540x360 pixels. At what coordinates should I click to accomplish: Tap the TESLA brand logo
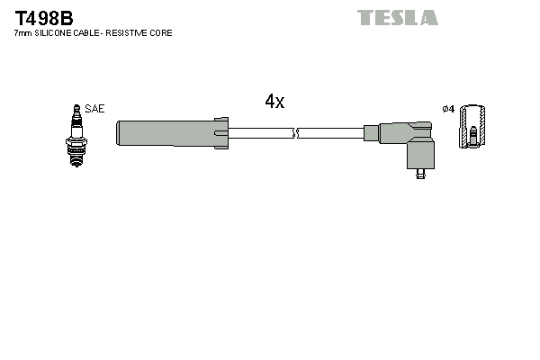pos(397,17)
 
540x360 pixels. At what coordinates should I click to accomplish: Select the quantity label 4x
pos(274,102)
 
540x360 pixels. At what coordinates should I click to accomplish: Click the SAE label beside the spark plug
pos(96,108)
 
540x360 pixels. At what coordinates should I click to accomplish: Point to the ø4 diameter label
pos(447,109)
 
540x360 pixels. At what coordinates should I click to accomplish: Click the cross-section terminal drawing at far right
pos(470,128)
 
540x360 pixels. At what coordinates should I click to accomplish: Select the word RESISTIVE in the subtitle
pos(128,33)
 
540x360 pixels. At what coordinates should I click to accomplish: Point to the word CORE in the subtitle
pos(161,33)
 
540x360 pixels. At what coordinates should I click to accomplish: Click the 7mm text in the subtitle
pos(22,33)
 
